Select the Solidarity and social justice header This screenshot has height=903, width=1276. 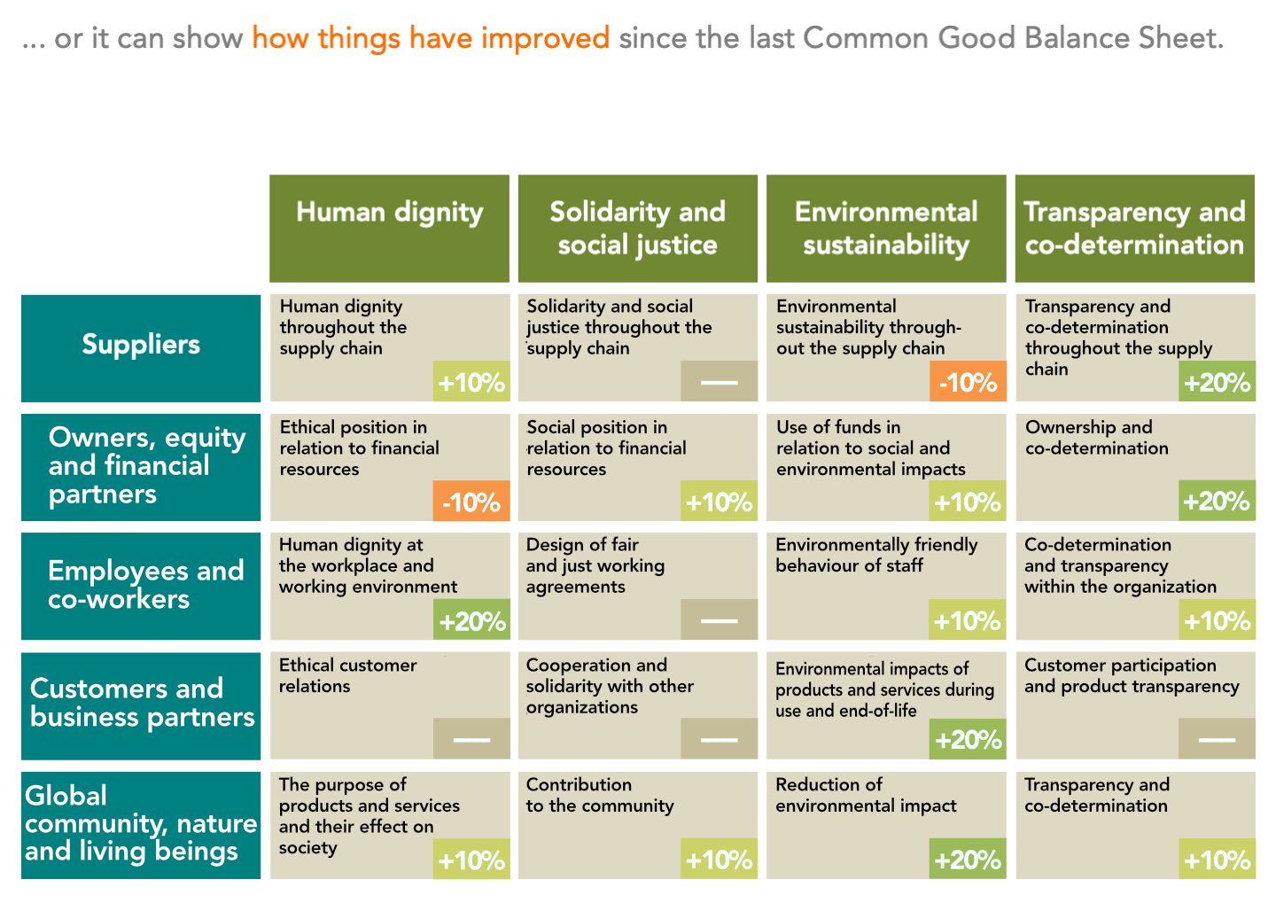(637, 229)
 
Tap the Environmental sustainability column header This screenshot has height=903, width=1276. (886, 229)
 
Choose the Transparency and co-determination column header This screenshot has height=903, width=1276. (1134, 229)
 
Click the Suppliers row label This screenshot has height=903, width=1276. (141, 345)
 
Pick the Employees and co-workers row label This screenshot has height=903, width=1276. (141, 585)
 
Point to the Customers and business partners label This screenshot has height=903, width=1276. (141, 704)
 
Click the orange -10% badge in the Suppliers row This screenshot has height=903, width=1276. (968, 382)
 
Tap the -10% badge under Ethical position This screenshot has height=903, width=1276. (471, 502)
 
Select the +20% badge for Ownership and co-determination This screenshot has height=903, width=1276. (1217, 502)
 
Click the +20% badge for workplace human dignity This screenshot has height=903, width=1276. (471, 620)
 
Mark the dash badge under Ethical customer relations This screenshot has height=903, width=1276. (471, 739)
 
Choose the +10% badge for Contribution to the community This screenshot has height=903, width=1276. (719, 860)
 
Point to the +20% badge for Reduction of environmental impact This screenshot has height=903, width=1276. (968, 860)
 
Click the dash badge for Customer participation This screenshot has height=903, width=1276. (1217, 739)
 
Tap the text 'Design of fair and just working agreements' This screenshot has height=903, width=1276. (595, 565)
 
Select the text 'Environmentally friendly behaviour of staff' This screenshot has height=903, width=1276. (875, 555)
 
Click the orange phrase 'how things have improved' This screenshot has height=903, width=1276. (431, 38)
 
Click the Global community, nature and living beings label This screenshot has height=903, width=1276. (141, 823)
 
